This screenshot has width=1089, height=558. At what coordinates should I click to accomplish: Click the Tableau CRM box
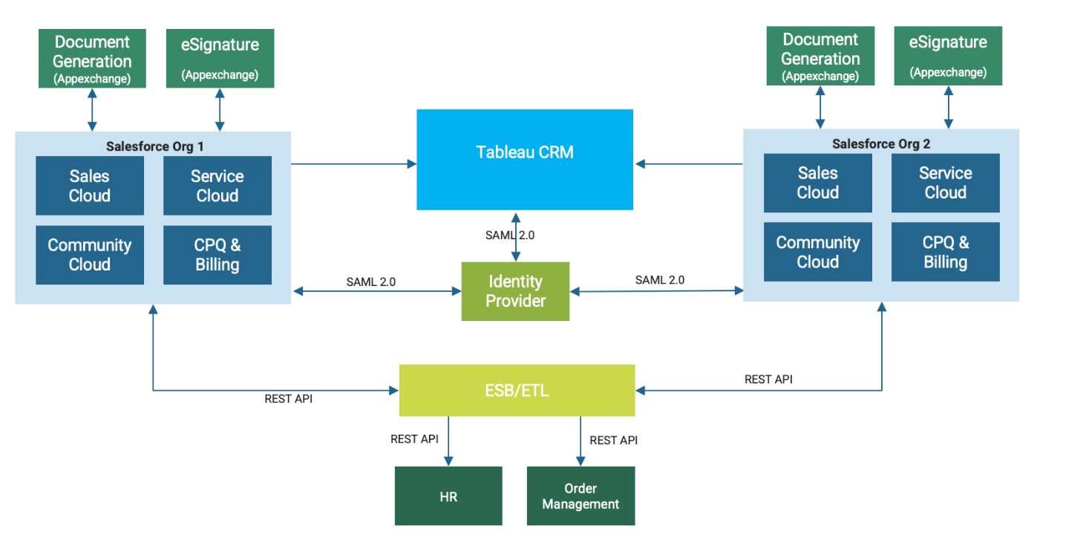pos(524,159)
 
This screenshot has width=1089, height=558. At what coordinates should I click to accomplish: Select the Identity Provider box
pos(515,291)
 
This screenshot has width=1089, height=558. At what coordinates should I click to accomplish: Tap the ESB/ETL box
pos(517,390)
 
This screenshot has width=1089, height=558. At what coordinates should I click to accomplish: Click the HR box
pos(448,496)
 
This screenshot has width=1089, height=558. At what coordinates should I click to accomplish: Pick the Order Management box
pos(581,496)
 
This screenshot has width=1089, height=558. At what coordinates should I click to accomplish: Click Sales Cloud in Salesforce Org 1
pos(90,186)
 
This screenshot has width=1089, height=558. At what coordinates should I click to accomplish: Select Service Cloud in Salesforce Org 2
pos(945,183)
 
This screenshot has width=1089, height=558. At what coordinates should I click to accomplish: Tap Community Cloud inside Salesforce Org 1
pos(90,255)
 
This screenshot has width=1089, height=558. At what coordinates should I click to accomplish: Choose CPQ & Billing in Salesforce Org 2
pos(945,252)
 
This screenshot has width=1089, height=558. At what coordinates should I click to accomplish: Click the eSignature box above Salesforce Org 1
pos(220,59)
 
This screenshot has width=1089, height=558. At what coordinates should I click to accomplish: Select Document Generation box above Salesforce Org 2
pos(820,56)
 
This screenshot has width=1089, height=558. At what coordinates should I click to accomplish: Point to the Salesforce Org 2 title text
pos(880,143)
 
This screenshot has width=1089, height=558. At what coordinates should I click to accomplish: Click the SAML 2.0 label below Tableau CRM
pos(509,235)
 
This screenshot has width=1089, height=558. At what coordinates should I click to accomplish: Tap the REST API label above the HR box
pos(414,439)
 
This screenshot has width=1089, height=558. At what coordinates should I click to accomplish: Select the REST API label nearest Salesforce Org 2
pos(768,379)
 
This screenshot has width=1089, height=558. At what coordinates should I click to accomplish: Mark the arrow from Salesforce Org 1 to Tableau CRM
pos(353,163)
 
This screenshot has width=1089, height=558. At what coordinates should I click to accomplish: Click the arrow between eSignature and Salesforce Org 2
pos(948,107)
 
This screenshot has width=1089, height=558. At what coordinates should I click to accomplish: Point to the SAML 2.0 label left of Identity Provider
pos(370,282)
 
